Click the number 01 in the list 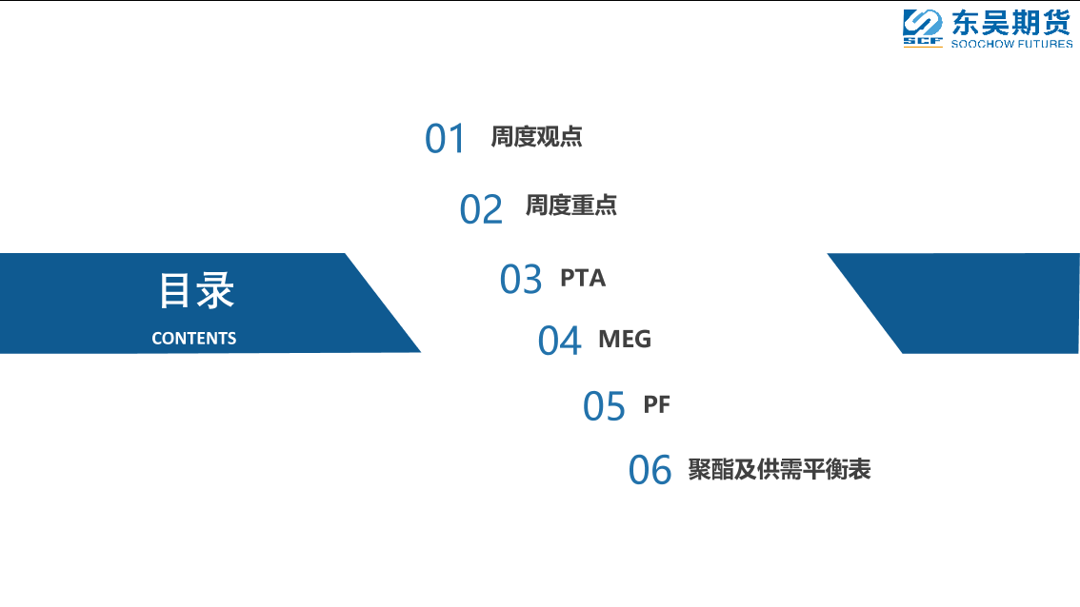tap(445, 138)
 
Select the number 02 tap(481, 209)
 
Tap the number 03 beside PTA tap(521, 280)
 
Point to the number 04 tap(559, 341)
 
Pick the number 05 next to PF tap(604, 406)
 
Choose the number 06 tap(650, 470)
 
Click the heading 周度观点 tap(536, 136)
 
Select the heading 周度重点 tap(571, 206)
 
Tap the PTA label tap(583, 278)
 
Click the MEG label tap(625, 339)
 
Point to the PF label tap(656, 404)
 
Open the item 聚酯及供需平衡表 tap(779, 469)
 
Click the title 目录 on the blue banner tap(196, 290)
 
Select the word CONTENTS tap(193, 339)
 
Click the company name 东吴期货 tap(1011, 23)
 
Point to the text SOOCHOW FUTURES tap(1011, 44)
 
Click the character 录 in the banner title tap(216, 290)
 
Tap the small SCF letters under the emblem tap(922, 42)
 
